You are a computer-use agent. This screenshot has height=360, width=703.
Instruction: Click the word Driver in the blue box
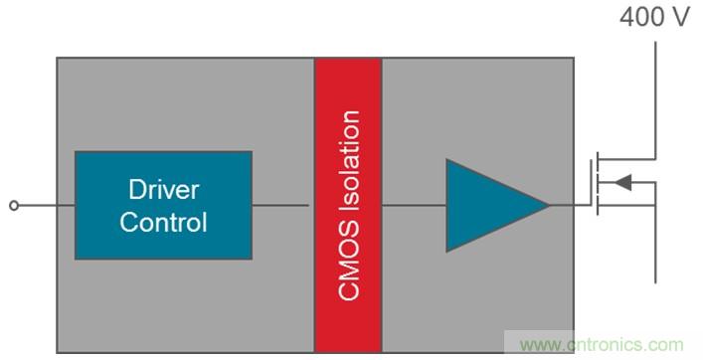164,190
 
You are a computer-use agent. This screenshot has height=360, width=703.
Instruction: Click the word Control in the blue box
164,222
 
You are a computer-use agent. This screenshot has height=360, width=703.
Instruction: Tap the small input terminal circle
14,205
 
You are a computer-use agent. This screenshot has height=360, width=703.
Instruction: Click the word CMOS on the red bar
349,261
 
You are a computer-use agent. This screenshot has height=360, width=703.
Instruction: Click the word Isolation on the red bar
349,161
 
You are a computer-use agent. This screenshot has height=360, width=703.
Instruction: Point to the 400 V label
654,17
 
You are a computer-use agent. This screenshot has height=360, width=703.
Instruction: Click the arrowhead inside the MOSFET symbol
622,182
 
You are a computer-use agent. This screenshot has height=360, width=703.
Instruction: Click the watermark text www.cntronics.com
602,345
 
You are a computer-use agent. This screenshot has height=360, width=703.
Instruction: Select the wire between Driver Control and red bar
280,205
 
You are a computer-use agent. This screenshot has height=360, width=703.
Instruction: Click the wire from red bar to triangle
414,205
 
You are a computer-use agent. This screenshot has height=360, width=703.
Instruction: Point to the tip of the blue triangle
549,205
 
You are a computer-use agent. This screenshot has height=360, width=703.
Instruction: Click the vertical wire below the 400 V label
655,100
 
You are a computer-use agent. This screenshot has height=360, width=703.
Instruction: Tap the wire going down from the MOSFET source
655,245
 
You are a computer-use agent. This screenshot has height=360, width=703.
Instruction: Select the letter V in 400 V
681,17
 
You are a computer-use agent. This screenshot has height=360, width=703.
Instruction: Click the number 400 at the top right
641,17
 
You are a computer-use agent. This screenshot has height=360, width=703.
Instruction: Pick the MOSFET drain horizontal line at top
627,159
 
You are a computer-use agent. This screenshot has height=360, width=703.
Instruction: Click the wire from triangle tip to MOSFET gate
570,205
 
